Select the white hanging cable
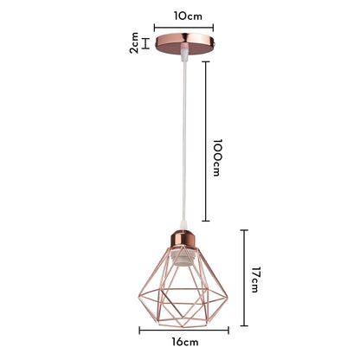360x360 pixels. [x=181, y=147]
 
